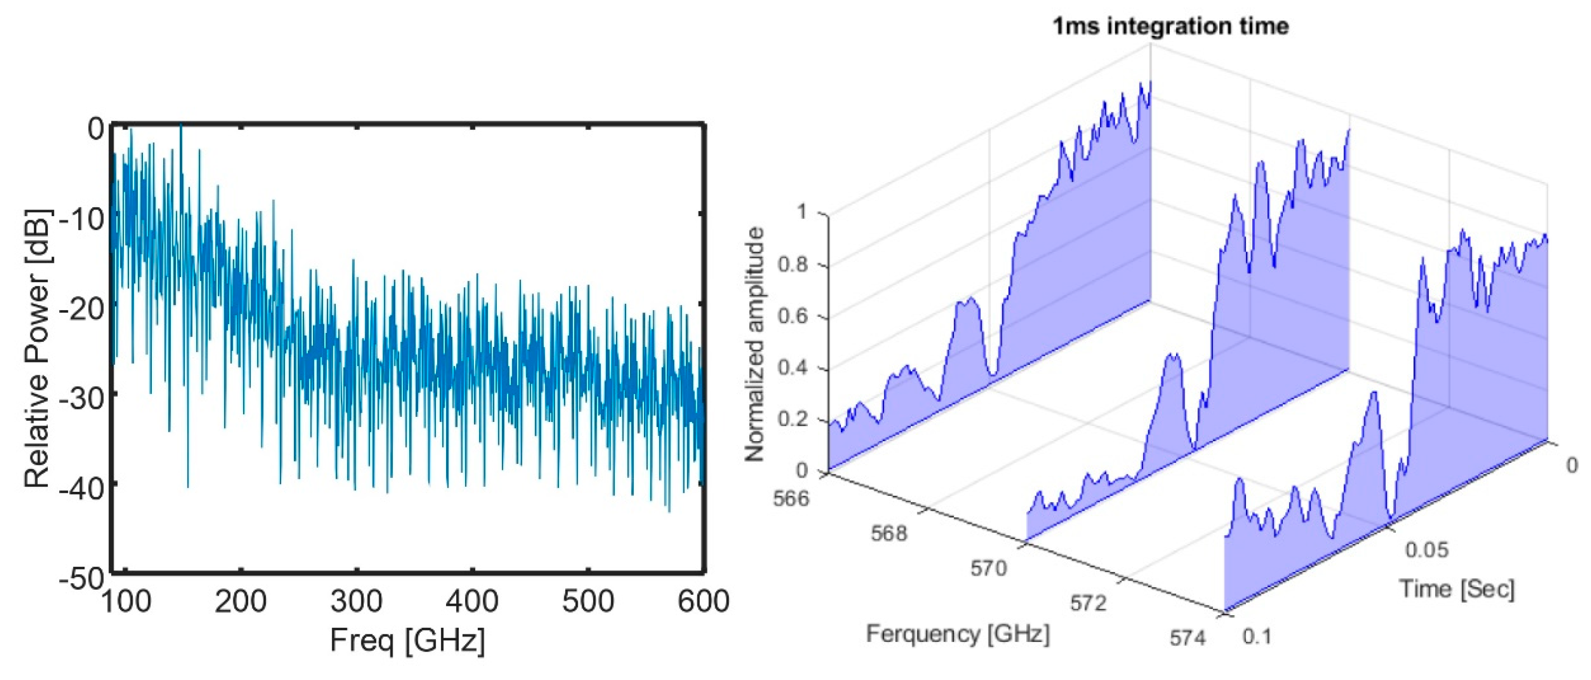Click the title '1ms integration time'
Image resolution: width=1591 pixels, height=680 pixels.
coord(1171,27)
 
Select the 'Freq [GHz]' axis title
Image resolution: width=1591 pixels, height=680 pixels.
coord(407,640)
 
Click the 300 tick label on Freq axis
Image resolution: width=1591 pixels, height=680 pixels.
coord(356,601)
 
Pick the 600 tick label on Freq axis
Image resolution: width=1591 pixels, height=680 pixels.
coord(704,601)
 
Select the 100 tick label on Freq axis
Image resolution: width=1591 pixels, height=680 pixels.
coord(125,601)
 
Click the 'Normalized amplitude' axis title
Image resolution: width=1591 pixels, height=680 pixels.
coord(755,345)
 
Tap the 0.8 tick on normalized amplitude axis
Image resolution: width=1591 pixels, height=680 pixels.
coord(792,265)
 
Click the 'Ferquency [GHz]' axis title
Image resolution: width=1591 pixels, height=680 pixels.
coord(957,634)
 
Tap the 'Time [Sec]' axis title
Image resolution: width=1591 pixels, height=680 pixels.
coord(1456,589)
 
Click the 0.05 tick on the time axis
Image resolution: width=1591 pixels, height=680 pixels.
coord(1427,549)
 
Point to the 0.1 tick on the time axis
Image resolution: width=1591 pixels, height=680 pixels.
coord(1257,636)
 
